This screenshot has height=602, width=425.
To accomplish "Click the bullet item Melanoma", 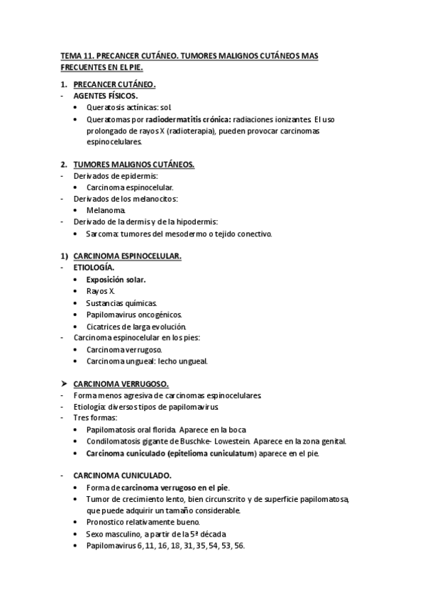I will point(106,211).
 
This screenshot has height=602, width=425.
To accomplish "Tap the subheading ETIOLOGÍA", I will point(93,268).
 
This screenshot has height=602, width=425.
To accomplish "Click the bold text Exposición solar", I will point(116,280).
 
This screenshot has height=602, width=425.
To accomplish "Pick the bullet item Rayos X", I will point(100,291).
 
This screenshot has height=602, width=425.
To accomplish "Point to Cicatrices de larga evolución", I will point(136,327).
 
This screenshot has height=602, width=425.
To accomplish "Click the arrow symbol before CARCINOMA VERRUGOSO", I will point(64,383).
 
